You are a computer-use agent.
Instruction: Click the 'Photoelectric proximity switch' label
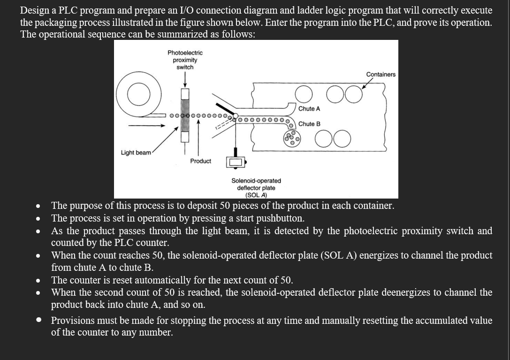click(185, 60)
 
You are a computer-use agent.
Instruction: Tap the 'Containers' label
click(381, 74)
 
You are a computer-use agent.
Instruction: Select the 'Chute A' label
click(309, 108)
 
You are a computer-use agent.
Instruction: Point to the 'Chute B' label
click(309, 124)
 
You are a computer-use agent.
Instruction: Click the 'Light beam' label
click(136, 153)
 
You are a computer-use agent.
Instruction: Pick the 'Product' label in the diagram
click(200, 161)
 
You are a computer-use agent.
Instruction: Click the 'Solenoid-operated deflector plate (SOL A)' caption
click(256, 188)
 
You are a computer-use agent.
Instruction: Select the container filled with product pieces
click(293, 137)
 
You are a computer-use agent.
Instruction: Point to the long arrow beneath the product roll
click(147, 126)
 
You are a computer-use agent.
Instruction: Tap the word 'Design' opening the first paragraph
click(35, 10)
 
